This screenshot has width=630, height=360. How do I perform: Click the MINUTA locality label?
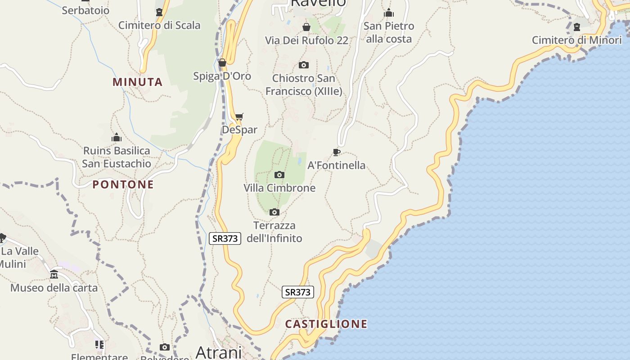[137, 82]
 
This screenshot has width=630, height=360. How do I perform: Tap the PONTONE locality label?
[123, 184]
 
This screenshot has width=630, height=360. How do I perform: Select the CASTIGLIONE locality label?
[326, 324]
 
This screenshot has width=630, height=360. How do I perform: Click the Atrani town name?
[219, 351]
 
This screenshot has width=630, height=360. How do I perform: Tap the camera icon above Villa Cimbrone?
[279, 175]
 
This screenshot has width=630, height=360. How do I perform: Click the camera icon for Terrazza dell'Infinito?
[274, 212]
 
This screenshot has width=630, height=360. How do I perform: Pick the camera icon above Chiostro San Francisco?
[304, 65]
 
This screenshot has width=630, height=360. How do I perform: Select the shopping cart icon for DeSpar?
[239, 117]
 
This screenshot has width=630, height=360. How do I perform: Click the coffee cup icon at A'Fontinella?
[336, 152]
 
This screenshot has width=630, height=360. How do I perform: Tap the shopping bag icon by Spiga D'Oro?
[222, 63]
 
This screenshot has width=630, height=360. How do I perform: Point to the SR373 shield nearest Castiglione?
[297, 292]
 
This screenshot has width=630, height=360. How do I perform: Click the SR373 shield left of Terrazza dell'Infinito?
[225, 238]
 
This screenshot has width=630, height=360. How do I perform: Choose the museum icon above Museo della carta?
[54, 274]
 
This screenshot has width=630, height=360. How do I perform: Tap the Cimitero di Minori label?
[576, 40]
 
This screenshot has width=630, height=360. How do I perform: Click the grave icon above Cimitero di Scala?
[159, 12]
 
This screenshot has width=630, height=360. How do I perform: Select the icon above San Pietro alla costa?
[389, 13]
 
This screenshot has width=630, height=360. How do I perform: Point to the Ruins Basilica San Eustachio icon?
[117, 137]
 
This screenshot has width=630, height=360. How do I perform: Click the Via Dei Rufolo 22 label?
[306, 40]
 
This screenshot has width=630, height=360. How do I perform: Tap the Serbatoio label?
[85, 10]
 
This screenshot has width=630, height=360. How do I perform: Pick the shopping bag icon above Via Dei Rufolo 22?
[306, 27]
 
